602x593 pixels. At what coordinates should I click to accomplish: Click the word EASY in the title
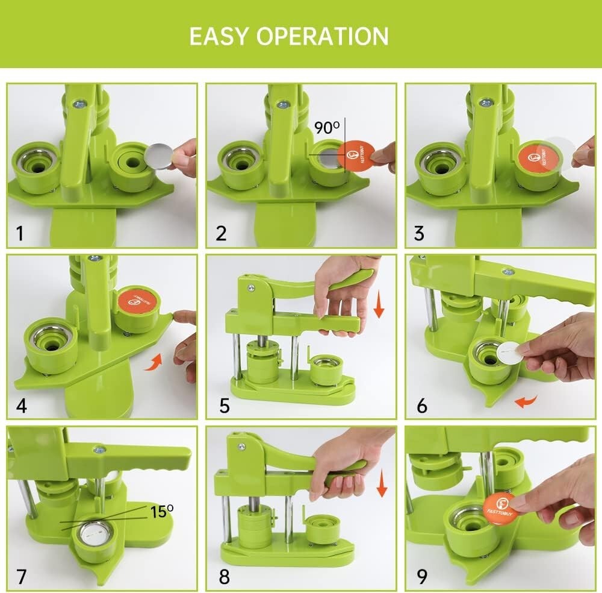coord(218,37)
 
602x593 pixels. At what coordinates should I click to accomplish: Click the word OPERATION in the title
coord(323,37)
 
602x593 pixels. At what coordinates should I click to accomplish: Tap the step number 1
coord(20,233)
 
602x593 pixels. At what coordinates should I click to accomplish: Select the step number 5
coord(225,406)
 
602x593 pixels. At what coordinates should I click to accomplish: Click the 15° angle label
coord(161,511)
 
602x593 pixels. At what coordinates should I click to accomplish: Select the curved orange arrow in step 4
coord(155,362)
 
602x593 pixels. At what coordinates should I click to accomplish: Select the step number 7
coord(22,577)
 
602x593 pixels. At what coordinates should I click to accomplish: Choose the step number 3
coord(419,233)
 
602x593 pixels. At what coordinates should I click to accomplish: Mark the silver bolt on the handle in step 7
coord(97,450)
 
